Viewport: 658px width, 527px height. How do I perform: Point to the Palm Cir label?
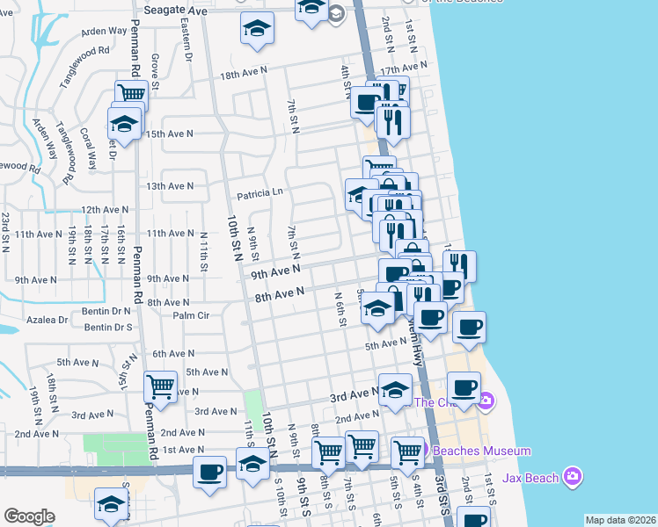191,315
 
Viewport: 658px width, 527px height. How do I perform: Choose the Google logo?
29,516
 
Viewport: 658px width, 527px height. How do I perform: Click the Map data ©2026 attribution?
619,520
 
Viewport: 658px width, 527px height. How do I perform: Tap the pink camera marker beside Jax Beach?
574,477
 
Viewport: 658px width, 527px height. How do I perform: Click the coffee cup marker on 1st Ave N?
209,471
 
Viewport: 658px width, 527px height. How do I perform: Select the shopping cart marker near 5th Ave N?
161,386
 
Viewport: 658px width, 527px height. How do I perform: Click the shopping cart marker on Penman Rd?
130,92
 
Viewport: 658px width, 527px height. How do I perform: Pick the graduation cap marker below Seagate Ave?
256,29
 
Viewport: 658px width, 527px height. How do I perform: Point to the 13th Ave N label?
169,186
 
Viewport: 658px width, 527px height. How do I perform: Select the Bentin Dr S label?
107,328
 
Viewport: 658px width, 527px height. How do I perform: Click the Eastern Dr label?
186,41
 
